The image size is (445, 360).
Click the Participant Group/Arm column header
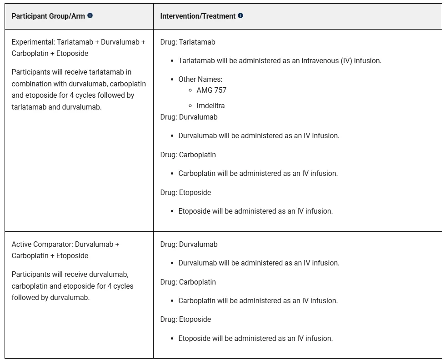pyautogui.click(x=48, y=16)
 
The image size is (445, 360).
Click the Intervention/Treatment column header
pyautogui.click(x=198, y=16)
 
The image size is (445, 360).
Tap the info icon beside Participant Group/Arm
pyautogui.click(x=90, y=15)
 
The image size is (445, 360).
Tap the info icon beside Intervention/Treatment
pyautogui.click(x=240, y=15)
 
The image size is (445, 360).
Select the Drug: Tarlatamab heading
pyautogui.click(x=188, y=42)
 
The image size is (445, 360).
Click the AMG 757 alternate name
pyautogui.click(x=211, y=90)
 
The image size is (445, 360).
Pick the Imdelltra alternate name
pyautogui.click(x=210, y=105)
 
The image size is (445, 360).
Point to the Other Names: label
pyautogui.click(x=200, y=79)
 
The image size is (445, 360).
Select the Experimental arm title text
pyautogui.click(x=78, y=47)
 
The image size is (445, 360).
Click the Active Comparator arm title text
pyautogui.click(x=65, y=250)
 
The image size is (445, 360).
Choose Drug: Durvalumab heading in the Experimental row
pyautogui.click(x=189, y=117)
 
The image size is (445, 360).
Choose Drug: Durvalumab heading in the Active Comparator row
pyautogui.click(x=189, y=244)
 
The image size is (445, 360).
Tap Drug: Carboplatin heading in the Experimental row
pyautogui.click(x=188, y=155)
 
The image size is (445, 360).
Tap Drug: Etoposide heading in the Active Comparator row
pyautogui.click(x=185, y=319)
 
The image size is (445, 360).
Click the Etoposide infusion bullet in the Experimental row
pyautogui.click(x=255, y=211)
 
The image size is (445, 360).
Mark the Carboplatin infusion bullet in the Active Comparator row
pyautogui.click(x=258, y=300)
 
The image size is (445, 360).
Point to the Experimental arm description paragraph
pyautogui.click(x=79, y=90)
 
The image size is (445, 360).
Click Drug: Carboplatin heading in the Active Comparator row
pyautogui.click(x=188, y=282)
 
